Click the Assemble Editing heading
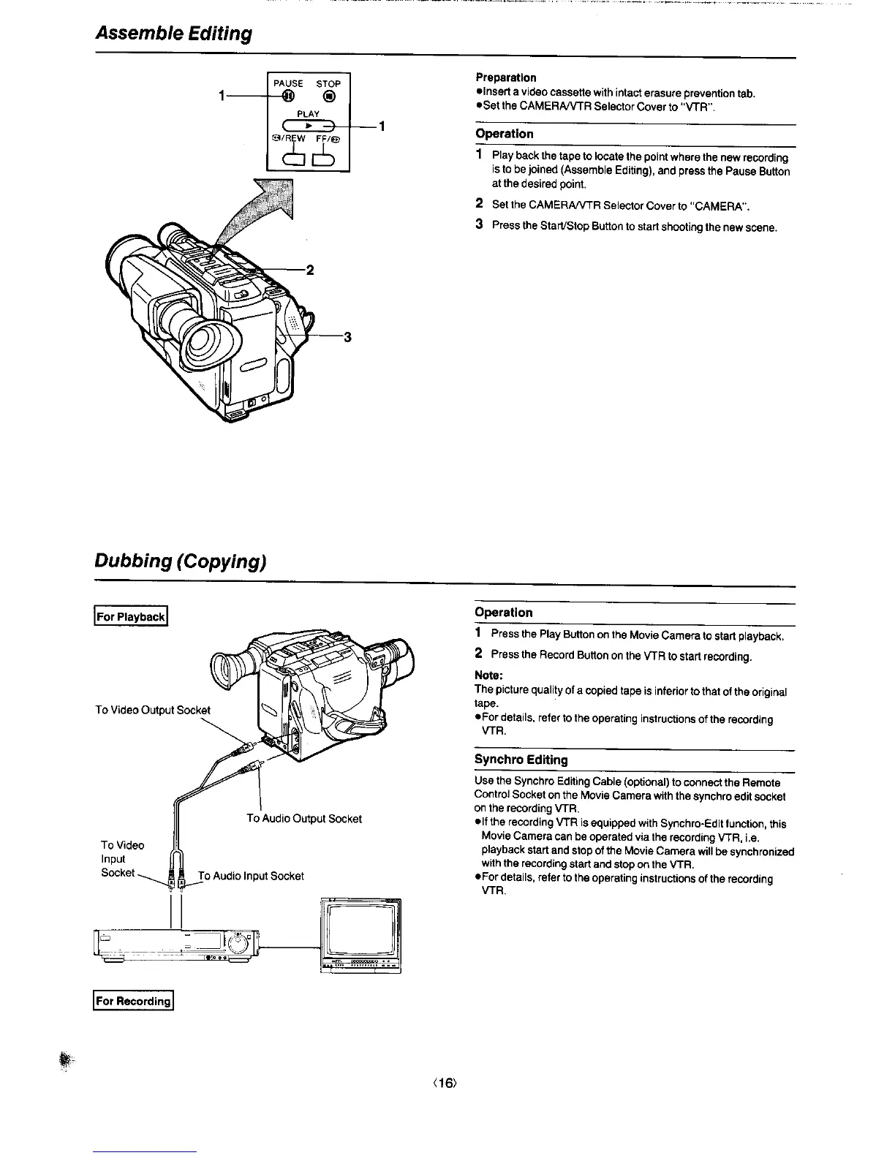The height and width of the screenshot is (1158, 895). (173, 34)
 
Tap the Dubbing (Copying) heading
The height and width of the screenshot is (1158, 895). (179, 561)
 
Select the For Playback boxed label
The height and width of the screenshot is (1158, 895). (132, 616)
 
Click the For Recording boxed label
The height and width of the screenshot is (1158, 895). (133, 1001)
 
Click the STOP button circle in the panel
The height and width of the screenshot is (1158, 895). (330, 96)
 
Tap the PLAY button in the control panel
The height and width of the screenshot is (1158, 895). (309, 124)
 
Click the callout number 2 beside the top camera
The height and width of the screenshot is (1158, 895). (309, 270)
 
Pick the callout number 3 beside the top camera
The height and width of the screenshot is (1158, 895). (347, 337)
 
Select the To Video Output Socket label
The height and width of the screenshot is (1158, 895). (153, 710)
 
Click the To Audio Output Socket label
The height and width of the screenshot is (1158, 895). (304, 818)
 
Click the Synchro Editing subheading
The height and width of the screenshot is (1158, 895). (521, 760)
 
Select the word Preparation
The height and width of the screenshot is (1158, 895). (506, 77)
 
